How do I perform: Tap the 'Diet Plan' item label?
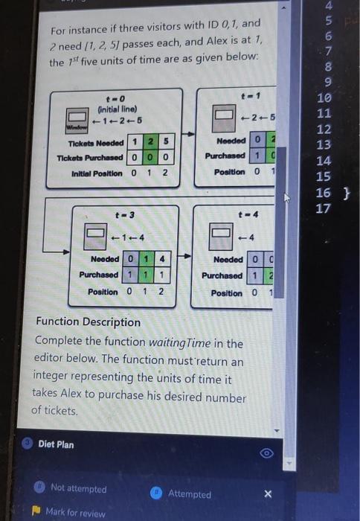click(x=56, y=444)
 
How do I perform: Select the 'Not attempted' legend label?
click(x=78, y=488)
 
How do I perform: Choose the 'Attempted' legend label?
click(x=189, y=493)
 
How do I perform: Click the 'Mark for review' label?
click(x=75, y=512)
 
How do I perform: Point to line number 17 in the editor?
click(x=322, y=209)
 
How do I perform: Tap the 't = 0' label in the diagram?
click(x=116, y=98)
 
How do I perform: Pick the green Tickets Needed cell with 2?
click(x=149, y=142)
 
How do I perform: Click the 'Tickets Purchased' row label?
click(x=89, y=157)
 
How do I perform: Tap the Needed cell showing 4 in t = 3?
click(x=161, y=260)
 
